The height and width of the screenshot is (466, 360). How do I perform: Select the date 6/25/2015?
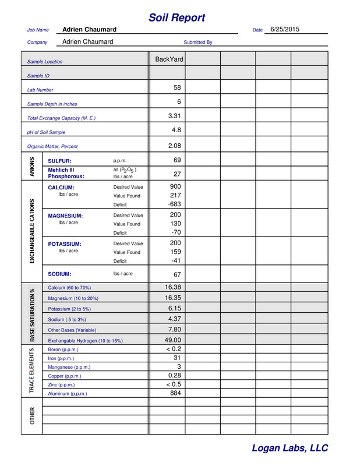[285, 29]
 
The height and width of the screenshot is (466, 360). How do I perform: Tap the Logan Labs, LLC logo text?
[290, 448]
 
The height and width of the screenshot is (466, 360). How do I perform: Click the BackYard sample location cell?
[169, 59]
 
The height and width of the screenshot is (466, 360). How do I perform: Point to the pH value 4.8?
[176, 130]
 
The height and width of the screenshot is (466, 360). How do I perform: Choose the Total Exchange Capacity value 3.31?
[174, 116]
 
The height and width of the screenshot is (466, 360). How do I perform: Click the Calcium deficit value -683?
[174, 204]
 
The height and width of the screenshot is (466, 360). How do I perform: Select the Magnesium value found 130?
[175, 224]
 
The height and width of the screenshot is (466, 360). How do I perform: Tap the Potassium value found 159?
[175, 252]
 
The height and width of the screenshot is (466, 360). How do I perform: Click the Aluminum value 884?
[175, 393]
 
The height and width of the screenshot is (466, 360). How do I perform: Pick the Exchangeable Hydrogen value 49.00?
[173, 340]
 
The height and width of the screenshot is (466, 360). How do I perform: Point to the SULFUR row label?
[59, 161]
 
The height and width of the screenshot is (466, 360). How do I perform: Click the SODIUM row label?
[59, 274]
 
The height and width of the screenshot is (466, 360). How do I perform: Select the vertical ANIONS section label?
[31, 167]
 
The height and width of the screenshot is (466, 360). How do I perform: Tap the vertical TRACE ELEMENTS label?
[32, 370]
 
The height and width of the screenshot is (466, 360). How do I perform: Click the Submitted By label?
[198, 43]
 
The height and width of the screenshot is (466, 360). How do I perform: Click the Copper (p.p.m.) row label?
[65, 376]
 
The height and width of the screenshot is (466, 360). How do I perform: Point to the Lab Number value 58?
[177, 88]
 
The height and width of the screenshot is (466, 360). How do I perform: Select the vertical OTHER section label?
[32, 416]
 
